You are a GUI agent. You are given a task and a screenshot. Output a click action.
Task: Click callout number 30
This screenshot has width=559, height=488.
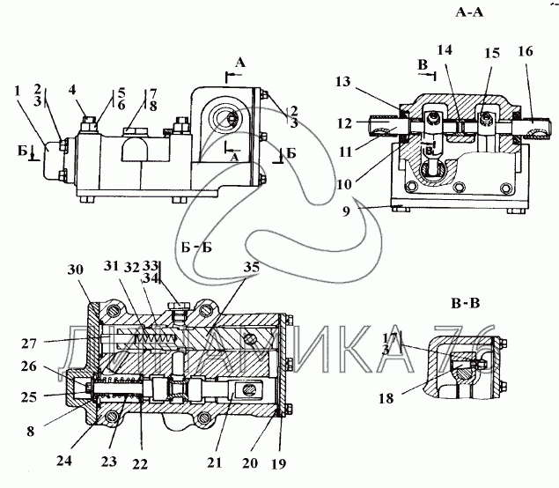[x=76, y=270]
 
